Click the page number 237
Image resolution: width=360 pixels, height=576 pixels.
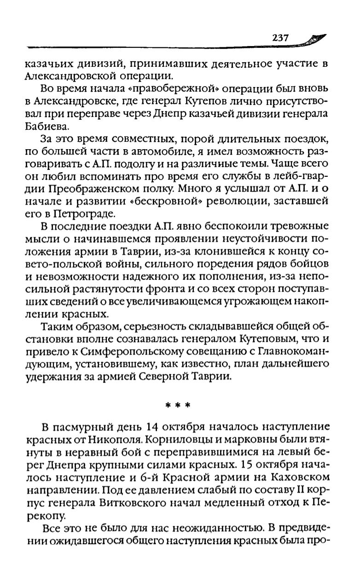coord(280,38)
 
